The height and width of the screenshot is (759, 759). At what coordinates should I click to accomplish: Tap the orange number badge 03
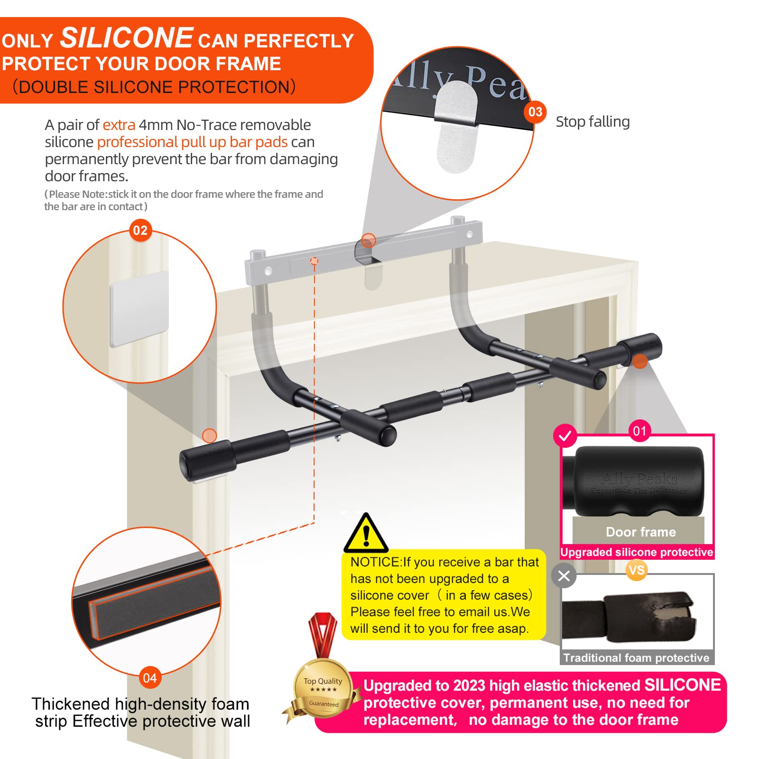535,112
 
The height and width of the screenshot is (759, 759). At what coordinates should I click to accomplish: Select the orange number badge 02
140,231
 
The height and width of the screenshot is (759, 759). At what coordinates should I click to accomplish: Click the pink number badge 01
639,431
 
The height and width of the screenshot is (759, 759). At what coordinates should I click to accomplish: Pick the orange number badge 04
150,678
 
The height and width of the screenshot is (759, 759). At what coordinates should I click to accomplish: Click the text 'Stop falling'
592,122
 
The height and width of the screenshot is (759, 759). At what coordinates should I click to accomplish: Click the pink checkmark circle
565,435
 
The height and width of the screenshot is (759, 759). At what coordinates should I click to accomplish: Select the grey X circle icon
564,576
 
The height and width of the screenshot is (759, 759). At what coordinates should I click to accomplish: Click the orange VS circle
636,570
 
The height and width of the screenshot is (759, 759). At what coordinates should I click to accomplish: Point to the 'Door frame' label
640,532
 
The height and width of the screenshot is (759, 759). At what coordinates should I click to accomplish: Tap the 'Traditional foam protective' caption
636,657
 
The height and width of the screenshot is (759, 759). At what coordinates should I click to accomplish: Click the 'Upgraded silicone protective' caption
636,552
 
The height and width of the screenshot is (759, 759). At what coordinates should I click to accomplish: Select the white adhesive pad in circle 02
139,308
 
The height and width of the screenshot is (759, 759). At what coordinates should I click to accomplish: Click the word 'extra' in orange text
119,125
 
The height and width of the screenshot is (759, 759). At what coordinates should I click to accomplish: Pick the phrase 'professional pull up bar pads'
192,142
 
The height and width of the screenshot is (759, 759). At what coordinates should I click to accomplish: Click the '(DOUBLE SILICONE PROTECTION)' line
154,87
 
